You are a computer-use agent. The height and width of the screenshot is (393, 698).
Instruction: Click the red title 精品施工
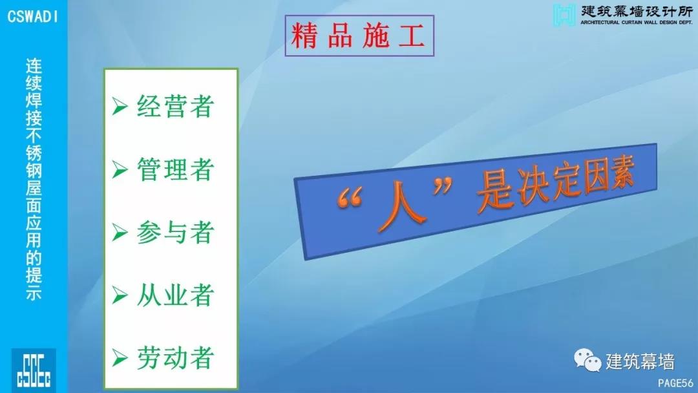pos(359,36)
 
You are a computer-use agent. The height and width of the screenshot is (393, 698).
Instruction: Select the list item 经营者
pos(175,106)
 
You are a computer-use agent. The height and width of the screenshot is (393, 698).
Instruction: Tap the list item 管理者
pos(175,169)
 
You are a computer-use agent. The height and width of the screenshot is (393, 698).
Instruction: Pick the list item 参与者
pos(175,232)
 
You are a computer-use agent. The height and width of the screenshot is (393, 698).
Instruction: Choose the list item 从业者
pos(175,295)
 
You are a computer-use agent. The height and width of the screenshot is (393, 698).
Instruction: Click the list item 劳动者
pos(175,357)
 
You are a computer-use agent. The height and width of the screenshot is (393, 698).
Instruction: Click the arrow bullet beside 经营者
pos(120,106)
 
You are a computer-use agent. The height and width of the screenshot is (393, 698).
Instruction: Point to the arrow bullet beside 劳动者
pos(120,357)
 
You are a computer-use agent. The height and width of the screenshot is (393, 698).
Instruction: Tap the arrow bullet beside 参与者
pos(120,232)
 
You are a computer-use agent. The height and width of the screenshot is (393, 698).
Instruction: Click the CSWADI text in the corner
pos(32,16)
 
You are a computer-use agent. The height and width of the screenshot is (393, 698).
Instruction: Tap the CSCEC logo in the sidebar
pos(34,370)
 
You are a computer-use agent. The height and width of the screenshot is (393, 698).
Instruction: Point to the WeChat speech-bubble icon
pos(587,360)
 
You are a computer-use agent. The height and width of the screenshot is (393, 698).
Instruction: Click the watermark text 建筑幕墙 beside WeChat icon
pos(640,361)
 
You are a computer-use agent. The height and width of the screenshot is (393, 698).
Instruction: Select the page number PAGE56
pos(675,383)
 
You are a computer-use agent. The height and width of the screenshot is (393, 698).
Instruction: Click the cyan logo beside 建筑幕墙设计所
pos(564,15)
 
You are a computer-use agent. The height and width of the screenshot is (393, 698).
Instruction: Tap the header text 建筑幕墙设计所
pos(637,11)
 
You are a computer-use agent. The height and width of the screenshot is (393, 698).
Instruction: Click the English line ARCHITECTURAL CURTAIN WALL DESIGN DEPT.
pos(637,22)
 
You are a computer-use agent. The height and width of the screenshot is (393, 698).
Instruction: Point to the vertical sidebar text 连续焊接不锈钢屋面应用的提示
pos(34,179)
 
